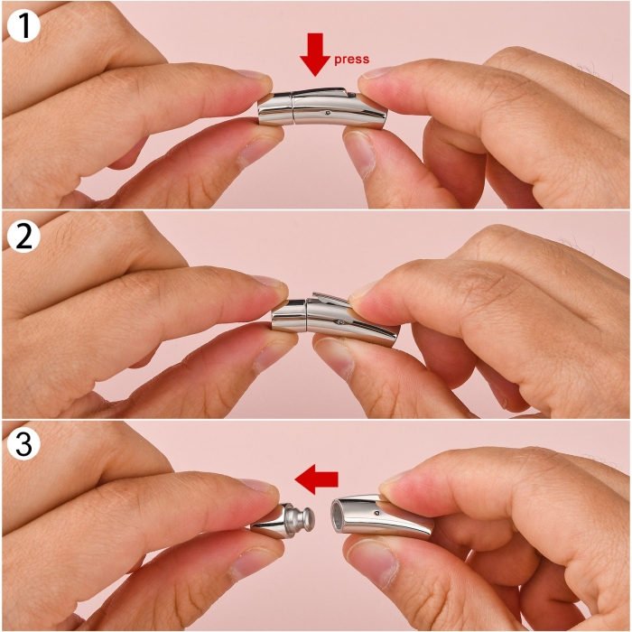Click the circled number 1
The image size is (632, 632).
[x=23, y=26]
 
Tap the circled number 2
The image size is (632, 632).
[x=23, y=236]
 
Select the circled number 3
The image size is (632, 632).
[x=23, y=444]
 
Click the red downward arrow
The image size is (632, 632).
[x=315, y=54]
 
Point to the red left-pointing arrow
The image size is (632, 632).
[x=316, y=479]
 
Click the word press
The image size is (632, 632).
[x=351, y=60]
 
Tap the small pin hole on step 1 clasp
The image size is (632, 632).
[x=327, y=113]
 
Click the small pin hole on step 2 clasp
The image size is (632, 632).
[x=341, y=322]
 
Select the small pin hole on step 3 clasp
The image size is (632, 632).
[x=376, y=513]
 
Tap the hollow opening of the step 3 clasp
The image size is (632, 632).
[x=337, y=517]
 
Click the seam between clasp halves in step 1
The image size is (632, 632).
[x=293, y=109]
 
